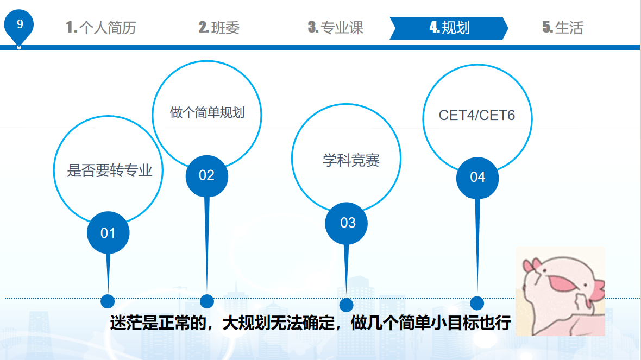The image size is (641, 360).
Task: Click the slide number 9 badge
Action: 20,25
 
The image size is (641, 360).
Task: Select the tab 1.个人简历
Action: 100,28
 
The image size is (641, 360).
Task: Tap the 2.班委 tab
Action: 219,28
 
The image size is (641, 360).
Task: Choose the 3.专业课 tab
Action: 335,28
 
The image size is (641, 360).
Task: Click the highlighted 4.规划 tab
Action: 449,28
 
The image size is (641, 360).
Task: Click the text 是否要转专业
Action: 109,170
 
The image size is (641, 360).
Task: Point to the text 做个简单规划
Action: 207,113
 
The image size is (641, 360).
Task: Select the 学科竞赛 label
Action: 351,160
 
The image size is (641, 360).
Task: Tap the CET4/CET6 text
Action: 476,116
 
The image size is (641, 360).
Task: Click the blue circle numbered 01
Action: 108,233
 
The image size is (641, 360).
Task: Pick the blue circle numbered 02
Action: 206,175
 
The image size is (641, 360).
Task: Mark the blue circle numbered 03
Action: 347,223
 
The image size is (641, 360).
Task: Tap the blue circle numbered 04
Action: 477,177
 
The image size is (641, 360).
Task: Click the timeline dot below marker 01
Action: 108,301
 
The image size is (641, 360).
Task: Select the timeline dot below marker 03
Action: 346,305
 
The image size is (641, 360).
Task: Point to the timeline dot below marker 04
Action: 476,303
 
